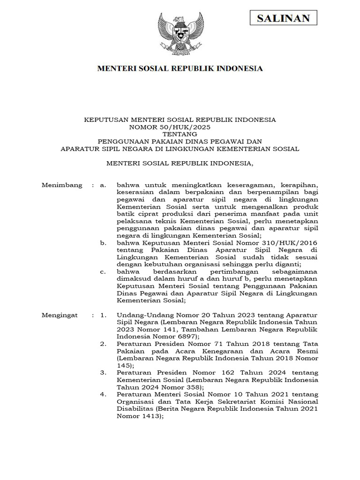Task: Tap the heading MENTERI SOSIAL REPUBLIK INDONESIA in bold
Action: pos(180,69)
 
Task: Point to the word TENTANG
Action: pos(180,134)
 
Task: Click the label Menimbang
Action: pos(62,185)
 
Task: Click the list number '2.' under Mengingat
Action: pos(104,344)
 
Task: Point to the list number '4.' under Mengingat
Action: pos(104,395)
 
